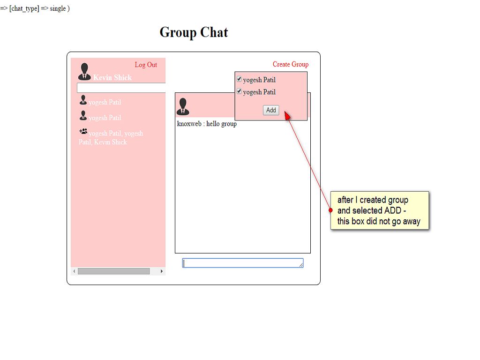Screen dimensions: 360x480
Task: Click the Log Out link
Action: point(146,65)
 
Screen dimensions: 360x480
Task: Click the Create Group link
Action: point(291,64)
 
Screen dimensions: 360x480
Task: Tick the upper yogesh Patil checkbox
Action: point(240,79)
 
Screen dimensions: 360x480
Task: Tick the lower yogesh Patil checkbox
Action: point(240,91)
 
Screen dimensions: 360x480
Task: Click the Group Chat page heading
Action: point(194,32)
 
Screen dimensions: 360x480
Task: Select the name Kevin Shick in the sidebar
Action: point(112,78)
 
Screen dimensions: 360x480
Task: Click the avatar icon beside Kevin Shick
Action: point(84,72)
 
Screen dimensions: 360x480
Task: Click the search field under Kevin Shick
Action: point(121,88)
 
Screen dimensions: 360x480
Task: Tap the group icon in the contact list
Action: point(83,132)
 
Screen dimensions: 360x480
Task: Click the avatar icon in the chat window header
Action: point(183,106)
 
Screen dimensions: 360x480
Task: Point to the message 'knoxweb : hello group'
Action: point(207,124)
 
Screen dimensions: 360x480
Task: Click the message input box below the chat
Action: point(243,263)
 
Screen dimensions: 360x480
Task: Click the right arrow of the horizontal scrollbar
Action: point(162,271)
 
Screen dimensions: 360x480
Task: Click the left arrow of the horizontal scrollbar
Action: point(74,271)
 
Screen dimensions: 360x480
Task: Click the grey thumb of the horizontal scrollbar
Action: point(113,271)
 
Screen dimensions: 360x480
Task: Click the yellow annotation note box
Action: point(379,210)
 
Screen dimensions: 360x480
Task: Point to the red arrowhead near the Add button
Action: point(288,116)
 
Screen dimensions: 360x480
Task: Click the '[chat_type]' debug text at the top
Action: point(24,8)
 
